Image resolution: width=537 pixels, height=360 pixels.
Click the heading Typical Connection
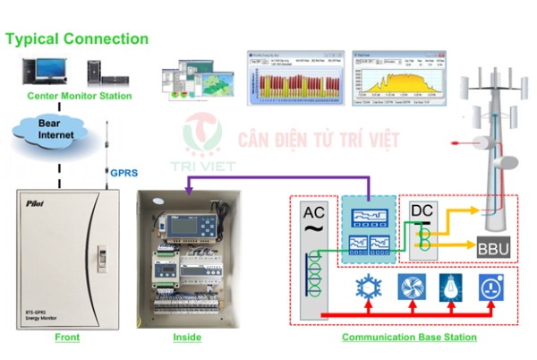coord(78,39)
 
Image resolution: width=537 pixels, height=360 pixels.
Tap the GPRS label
coord(123,172)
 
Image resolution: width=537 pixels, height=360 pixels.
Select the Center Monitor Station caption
coord(80,96)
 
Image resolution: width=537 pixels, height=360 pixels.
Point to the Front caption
coord(66,338)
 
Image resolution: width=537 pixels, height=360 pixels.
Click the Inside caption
coord(187,338)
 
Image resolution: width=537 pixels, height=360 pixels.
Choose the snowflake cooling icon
coord(367,287)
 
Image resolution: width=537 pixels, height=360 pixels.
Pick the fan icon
coord(409,287)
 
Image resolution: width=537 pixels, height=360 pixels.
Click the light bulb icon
coord(451,287)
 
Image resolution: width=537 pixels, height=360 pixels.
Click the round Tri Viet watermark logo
coord(201,135)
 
